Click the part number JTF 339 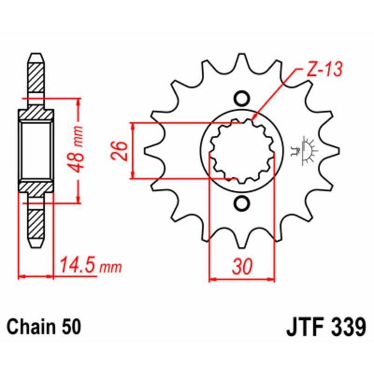point(325,326)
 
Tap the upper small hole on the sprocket point(242,99)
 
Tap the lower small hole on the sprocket point(242,203)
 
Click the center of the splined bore point(241,151)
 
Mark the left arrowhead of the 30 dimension point(211,280)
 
